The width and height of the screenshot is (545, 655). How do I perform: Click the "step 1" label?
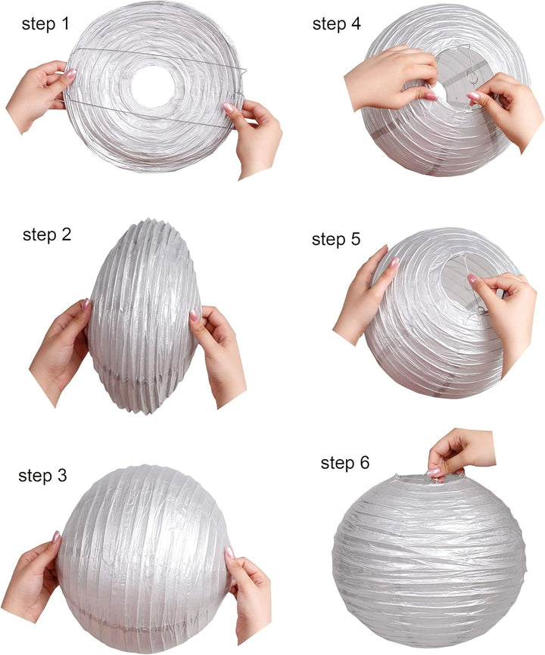(45, 24)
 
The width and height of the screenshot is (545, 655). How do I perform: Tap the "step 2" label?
(47, 234)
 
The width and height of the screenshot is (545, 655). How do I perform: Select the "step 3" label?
(42, 476)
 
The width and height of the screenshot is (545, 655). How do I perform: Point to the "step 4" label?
(336, 23)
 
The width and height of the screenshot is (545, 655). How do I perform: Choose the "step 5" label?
(335, 239)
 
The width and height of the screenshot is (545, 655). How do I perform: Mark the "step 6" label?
(345, 463)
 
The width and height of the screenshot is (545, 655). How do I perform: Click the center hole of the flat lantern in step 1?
(153, 86)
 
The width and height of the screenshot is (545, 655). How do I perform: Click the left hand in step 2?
(61, 351)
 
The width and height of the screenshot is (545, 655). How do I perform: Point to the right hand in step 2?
(217, 355)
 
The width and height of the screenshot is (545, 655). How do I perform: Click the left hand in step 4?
(391, 77)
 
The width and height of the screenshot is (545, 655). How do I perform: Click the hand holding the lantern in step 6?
(459, 453)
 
